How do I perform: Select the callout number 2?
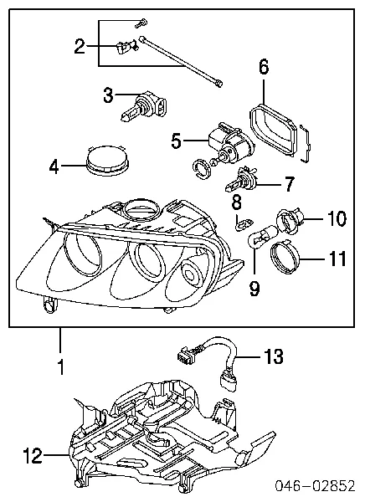tap(80, 46)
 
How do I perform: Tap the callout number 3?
tap(108, 96)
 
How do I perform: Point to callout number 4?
tap(54, 166)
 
